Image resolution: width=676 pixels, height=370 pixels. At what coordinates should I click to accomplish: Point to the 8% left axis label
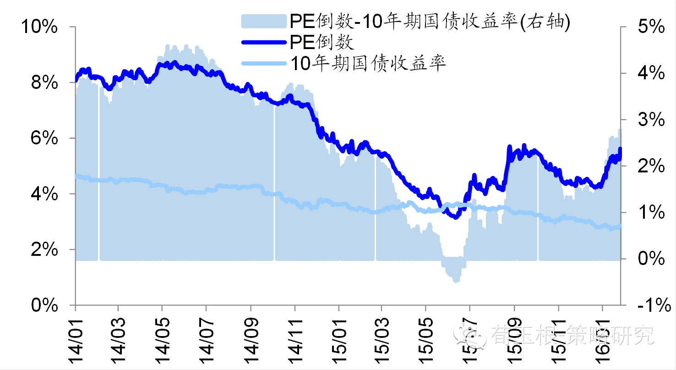point(44,83)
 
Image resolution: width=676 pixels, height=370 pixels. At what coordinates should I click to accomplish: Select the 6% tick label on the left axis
point(44,138)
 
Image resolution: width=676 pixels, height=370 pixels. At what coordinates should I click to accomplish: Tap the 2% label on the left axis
point(44,250)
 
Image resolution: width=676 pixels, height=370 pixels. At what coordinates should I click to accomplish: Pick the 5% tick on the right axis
point(648,27)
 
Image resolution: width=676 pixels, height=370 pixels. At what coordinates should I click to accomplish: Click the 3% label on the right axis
point(648,120)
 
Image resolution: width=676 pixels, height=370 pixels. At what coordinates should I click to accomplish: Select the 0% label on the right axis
point(648,259)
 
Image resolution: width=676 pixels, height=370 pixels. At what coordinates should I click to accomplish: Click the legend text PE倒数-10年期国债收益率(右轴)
point(429,22)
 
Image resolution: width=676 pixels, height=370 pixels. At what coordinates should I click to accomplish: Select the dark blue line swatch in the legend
point(264,43)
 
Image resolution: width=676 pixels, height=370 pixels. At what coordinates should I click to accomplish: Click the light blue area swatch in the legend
point(264,22)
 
